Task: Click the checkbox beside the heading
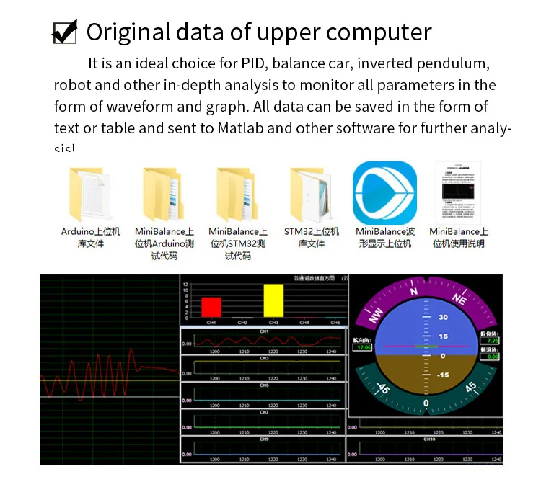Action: tap(65, 32)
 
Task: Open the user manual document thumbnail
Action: tap(458, 193)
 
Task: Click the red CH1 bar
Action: tap(211, 306)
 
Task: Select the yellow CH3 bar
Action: tap(273, 300)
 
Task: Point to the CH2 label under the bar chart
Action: tap(242, 323)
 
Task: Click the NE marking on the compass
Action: tap(458, 298)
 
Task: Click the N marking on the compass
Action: tap(414, 292)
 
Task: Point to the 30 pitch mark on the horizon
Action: tap(444, 316)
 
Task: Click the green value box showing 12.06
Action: tap(361, 347)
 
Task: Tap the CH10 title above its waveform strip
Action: tap(430, 439)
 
